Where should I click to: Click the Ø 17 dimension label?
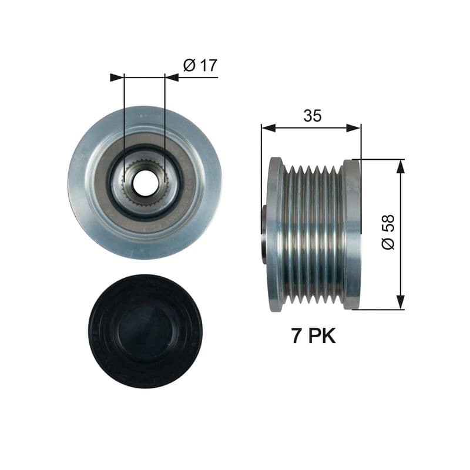[x=199, y=65]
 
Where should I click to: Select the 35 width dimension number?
[x=312, y=116]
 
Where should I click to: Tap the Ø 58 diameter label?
[x=388, y=232]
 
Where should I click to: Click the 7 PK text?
[x=313, y=336]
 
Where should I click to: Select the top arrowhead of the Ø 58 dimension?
[x=401, y=166]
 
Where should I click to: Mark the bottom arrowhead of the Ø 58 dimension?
[x=401, y=302]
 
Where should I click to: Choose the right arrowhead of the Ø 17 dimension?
[x=171, y=76]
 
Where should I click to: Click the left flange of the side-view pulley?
[x=274, y=234]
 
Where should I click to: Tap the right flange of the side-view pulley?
[x=352, y=234]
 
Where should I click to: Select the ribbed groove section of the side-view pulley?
[x=313, y=234]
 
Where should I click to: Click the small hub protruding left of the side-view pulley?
[x=264, y=234]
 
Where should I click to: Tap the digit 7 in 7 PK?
[x=297, y=336]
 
